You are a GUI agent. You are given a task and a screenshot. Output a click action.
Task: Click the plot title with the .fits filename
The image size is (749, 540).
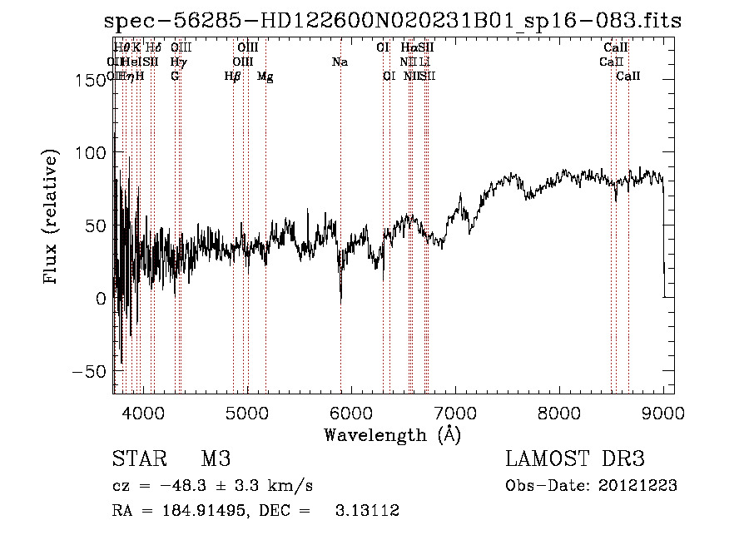tap(393, 22)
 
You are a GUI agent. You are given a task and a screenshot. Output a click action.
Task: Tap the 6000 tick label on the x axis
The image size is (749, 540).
tap(350, 413)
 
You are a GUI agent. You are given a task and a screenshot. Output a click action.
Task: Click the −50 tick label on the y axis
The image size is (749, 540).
tap(87, 371)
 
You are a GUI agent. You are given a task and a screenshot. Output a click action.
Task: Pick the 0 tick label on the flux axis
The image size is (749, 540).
tap(100, 298)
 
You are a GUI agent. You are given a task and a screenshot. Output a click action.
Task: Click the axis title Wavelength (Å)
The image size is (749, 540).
tap(392, 434)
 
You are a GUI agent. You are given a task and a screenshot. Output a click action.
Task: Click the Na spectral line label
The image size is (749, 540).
tap(340, 62)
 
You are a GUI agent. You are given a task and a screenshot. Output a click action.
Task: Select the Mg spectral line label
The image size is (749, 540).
tap(265, 77)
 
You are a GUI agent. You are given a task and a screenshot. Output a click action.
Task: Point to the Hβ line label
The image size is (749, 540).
tap(233, 77)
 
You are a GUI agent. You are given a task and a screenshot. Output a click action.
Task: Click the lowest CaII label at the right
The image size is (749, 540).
tap(628, 77)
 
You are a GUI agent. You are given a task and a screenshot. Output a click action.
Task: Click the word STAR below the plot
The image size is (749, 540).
tap(139, 459)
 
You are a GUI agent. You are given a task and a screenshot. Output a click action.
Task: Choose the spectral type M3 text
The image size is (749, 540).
tap(216, 459)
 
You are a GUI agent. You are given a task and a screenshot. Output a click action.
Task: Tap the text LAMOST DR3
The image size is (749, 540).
tap(575, 459)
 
